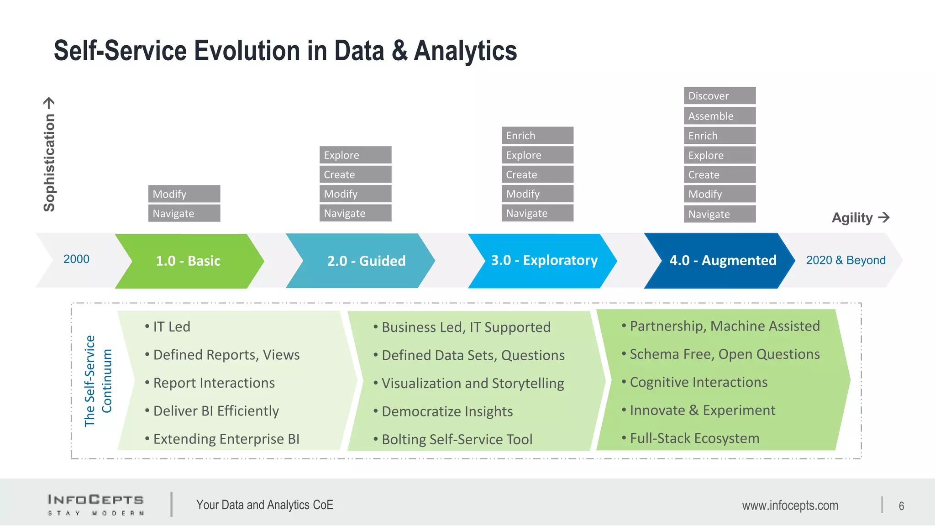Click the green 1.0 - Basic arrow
tap(189, 261)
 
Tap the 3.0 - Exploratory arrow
tap(544, 260)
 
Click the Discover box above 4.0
tap(720, 96)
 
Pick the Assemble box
tap(720, 116)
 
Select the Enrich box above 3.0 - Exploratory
tap(537, 136)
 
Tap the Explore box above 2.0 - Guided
tap(355, 155)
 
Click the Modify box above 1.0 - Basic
tap(184, 194)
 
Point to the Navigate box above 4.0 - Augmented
tap(720, 214)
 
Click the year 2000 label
tap(76, 259)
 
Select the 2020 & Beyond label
tap(846, 260)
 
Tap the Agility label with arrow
tap(860, 218)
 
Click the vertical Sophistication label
tap(49, 155)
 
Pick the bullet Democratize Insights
tap(447, 411)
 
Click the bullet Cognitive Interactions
tap(698, 382)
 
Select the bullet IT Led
tap(171, 327)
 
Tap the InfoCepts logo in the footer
tap(96, 505)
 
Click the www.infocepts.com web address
tap(790, 505)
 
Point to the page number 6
tap(901, 506)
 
